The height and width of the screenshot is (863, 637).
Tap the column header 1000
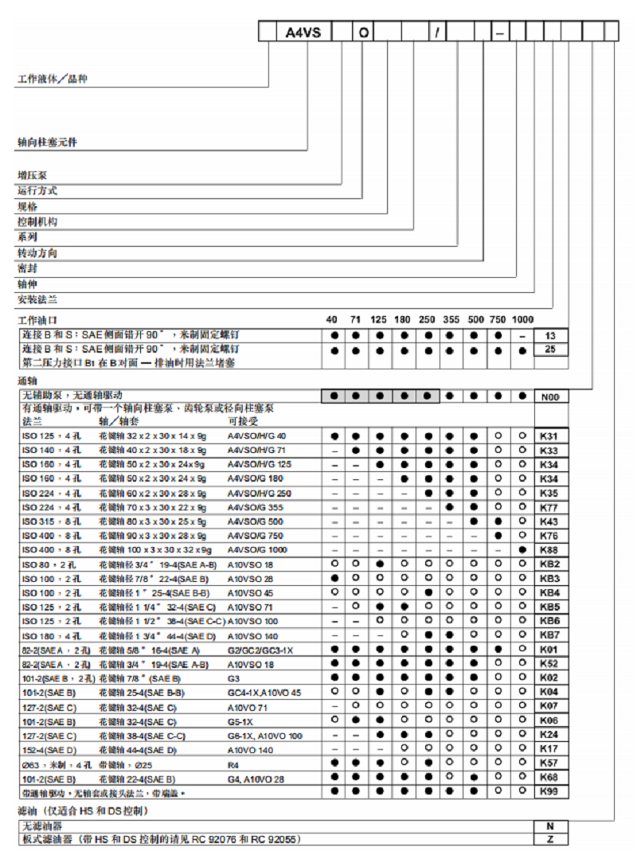click(x=522, y=320)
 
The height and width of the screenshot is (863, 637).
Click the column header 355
click(x=450, y=320)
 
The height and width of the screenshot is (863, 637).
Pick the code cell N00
click(x=551, y=396)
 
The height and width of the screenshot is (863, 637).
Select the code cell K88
click(x=551, y=549)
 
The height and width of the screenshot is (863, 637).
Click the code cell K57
click(x=551, y=763)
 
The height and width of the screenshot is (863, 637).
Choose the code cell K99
click(x=551, y=791)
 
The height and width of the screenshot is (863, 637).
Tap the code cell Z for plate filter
click(x=551, y=839)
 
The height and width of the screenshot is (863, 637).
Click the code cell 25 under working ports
click(x=551, y=349)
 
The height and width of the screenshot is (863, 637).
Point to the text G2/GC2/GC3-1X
click(x=260, y=650)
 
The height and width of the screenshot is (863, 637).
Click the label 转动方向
click(x=37, y=253)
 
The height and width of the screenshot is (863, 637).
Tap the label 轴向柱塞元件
click(x=48, y=143)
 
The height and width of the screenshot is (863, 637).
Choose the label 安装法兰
click(x=37, y=300)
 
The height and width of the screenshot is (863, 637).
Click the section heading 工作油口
click(x=37, y=320)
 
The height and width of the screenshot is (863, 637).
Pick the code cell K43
click(x=551, y=521)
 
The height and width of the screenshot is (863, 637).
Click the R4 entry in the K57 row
click(x=234, y=763)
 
